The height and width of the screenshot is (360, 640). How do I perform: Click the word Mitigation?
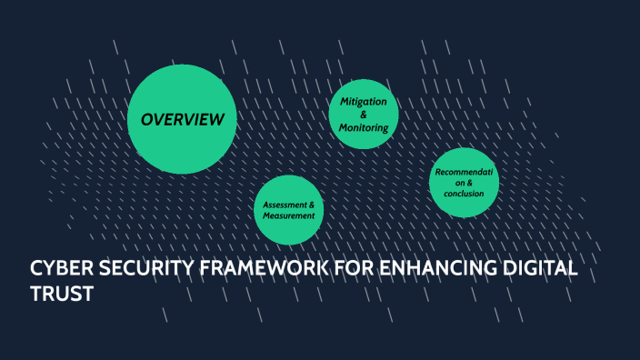(x=364, y=101)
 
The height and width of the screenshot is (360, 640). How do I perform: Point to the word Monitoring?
(x=364, y=127)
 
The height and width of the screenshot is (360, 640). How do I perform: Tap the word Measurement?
(x=289, y=216)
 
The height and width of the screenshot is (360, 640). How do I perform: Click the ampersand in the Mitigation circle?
(x=364, y=115)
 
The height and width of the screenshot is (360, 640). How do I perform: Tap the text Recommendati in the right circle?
(x=464, y=172)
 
